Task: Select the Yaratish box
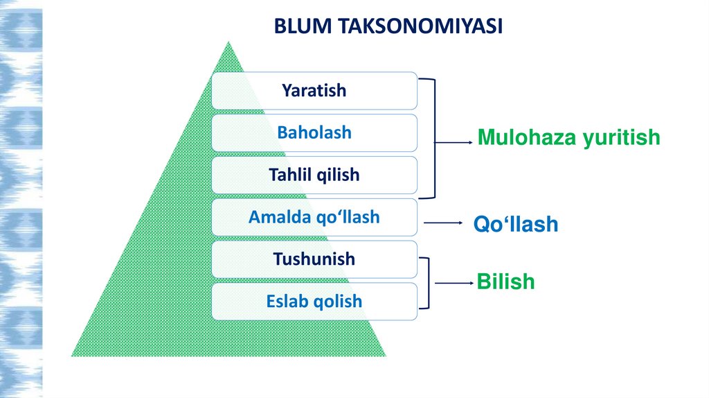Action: tap(314, 90)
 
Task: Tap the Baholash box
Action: tap(314, 132)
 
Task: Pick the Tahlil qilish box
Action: tap(314, 175)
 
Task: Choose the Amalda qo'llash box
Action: tap(314, 217)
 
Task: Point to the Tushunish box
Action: tap(314, 259)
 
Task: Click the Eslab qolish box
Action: tap(314, 302)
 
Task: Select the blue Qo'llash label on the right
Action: tap(515, 224)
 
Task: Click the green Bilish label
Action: tap(505, 282)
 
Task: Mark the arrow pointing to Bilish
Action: tap(453, 283)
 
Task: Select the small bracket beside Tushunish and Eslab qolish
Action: tap(428, 283)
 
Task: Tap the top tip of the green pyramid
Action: tap(228, 43)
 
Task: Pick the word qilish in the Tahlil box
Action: tap(339, 175)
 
